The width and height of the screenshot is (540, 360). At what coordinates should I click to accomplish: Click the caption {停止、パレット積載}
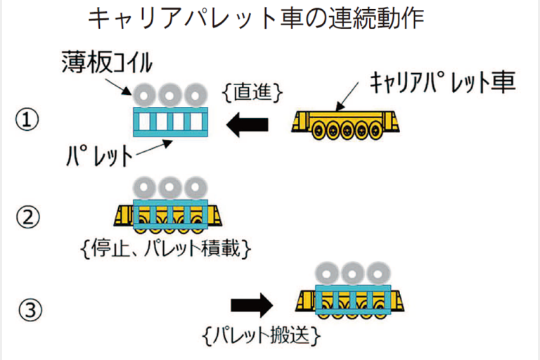[166, 248]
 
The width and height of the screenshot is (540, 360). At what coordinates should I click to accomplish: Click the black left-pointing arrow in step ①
[248, 125]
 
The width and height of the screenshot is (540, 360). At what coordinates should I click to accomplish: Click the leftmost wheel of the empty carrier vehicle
[319, 129]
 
